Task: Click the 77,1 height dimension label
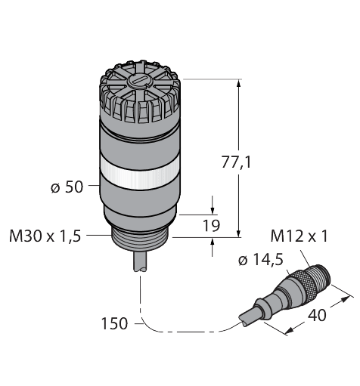pyautogui.click(x=236, y=162)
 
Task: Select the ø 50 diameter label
pyautogui.click(x=67, y=187)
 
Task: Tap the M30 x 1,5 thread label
pyautogui.click(x=45, y=236)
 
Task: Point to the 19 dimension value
pyautogui.click(x=212, y=226)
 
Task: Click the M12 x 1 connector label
pyautogui.click(x=299, y=236)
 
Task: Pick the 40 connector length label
pyautogui.click(x=317, y=315)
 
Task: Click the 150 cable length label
pyautogui.click(x=114, y=323)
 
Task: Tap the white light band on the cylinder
pyautogui.click(x=140, y=171)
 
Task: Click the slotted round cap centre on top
pyautogui.click(x=138, y=82)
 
